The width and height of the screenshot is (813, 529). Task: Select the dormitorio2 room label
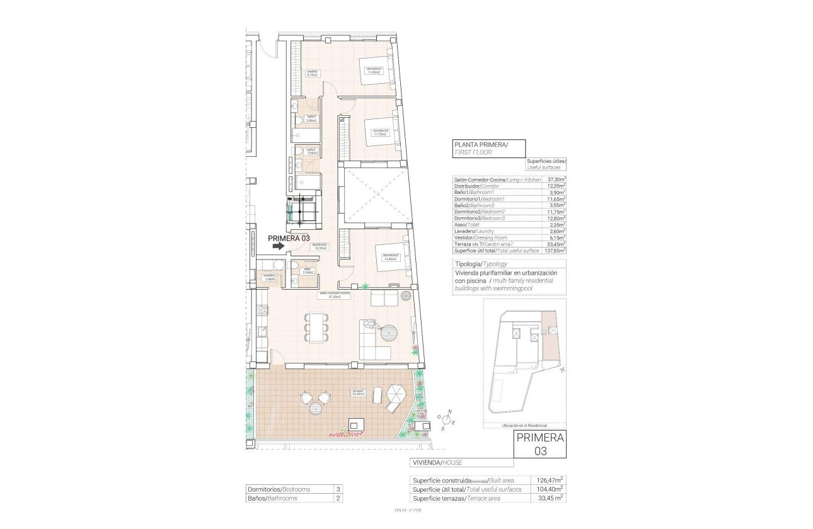[381, 132]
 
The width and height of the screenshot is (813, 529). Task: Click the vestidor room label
[313, 73]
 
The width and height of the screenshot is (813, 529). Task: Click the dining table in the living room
[316, 327]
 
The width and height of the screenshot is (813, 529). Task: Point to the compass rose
[448, 420]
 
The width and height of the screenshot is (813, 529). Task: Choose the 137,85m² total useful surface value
[555, 250]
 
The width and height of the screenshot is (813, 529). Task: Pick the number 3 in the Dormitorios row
[338, 489]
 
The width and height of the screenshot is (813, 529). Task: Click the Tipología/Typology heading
[480, 263]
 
